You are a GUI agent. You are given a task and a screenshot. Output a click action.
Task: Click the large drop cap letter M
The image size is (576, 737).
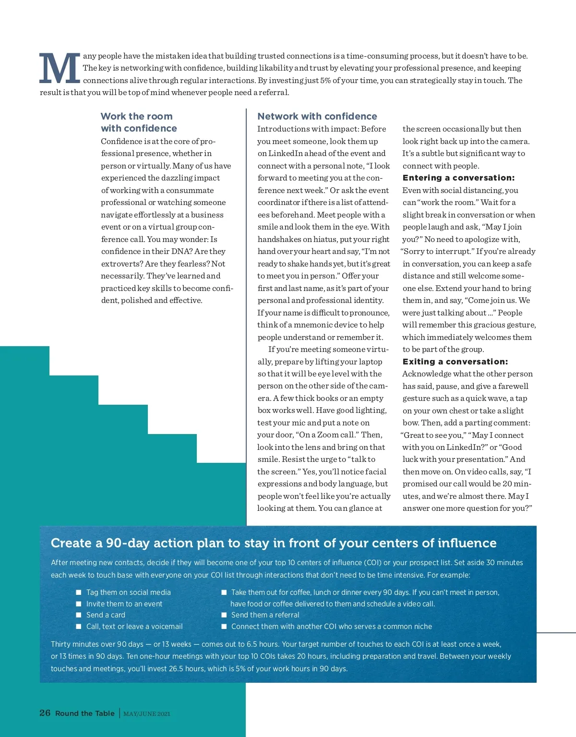point(60,69)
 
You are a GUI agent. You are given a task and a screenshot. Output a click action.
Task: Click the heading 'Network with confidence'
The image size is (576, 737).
point(317,116)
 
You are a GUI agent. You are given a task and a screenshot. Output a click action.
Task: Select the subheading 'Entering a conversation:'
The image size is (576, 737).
point(458,178)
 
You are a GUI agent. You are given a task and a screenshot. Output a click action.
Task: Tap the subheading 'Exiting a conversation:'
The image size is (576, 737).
point(455,362)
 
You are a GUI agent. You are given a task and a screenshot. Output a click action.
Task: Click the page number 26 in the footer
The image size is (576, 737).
point(45,713)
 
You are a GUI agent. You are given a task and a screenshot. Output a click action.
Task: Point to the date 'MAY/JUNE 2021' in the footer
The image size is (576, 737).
point(147,713)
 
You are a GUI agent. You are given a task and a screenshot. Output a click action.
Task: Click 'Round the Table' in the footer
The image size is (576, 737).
point(85,713)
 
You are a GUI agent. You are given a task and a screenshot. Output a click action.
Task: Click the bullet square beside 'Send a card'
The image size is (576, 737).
point(79,615)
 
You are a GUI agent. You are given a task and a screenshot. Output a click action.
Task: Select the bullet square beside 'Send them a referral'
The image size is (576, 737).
point(224,615)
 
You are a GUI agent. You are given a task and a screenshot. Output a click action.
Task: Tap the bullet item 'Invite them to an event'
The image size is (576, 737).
point(124,604)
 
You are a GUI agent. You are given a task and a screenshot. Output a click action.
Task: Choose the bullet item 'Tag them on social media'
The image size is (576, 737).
point(128,592)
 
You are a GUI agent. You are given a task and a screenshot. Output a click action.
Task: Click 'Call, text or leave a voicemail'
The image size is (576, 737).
point(134,627)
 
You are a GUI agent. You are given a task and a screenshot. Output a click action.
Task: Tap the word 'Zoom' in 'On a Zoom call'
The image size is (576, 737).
point(328,435)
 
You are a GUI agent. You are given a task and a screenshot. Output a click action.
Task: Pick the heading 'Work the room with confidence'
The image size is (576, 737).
point(139,122)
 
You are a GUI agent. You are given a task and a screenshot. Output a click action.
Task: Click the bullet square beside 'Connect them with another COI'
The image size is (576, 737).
point(224,627)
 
